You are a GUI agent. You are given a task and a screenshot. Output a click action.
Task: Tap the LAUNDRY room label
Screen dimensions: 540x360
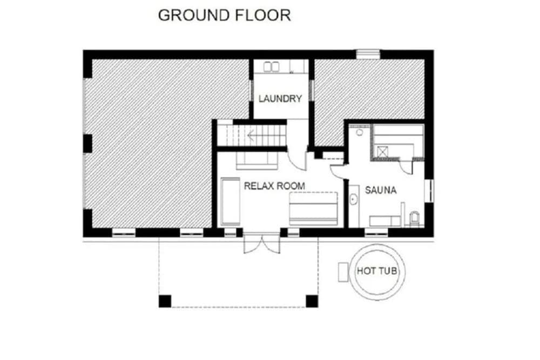(280, 99)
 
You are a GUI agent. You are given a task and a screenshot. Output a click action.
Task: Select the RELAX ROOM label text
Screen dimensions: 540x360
(274, 186)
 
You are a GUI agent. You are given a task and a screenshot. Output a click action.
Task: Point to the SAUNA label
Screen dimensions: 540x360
(381, 191)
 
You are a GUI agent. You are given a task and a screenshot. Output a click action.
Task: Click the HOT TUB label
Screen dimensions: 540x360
(377, 271)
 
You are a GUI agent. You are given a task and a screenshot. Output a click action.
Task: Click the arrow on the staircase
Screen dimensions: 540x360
(251, 136)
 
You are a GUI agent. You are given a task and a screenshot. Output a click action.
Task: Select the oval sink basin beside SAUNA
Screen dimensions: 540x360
(353, 200)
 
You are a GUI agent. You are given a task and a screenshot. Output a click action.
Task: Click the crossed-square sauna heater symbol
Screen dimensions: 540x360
(383, 152)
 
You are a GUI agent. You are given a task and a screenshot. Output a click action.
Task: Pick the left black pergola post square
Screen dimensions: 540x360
(165, 301)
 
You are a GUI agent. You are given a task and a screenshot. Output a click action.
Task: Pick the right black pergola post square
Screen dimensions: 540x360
(312, 301)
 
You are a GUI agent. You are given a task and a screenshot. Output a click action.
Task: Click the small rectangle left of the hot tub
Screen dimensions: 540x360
(343, 272)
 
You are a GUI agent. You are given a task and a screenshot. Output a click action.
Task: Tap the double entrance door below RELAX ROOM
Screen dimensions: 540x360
(262, 243)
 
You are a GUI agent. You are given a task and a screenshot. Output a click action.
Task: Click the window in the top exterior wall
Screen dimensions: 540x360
(368, 55)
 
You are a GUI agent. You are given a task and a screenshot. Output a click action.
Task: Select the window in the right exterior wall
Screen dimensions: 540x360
(429, 191)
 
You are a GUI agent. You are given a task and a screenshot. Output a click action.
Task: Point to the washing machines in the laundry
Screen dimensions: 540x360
(271, 67)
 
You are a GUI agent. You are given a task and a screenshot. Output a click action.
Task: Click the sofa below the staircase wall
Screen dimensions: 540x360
(257, 161)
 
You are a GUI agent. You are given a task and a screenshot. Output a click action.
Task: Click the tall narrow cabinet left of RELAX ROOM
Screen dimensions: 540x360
(230, 202)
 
